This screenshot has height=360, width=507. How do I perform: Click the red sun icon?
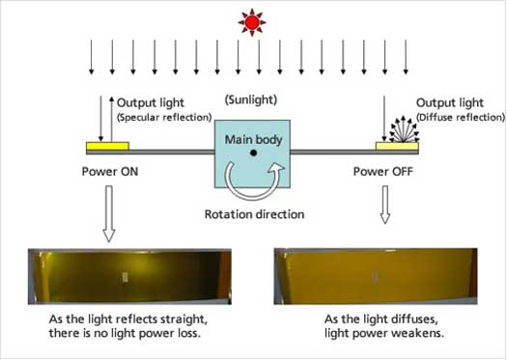tap(253, 20)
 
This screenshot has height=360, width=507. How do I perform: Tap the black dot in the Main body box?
tap(253, 153)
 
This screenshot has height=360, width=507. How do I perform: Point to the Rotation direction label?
tap(253, 214)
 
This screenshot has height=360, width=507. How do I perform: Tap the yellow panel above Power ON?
tap(106, 148)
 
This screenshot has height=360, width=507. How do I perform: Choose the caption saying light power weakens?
tap(380, 325)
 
